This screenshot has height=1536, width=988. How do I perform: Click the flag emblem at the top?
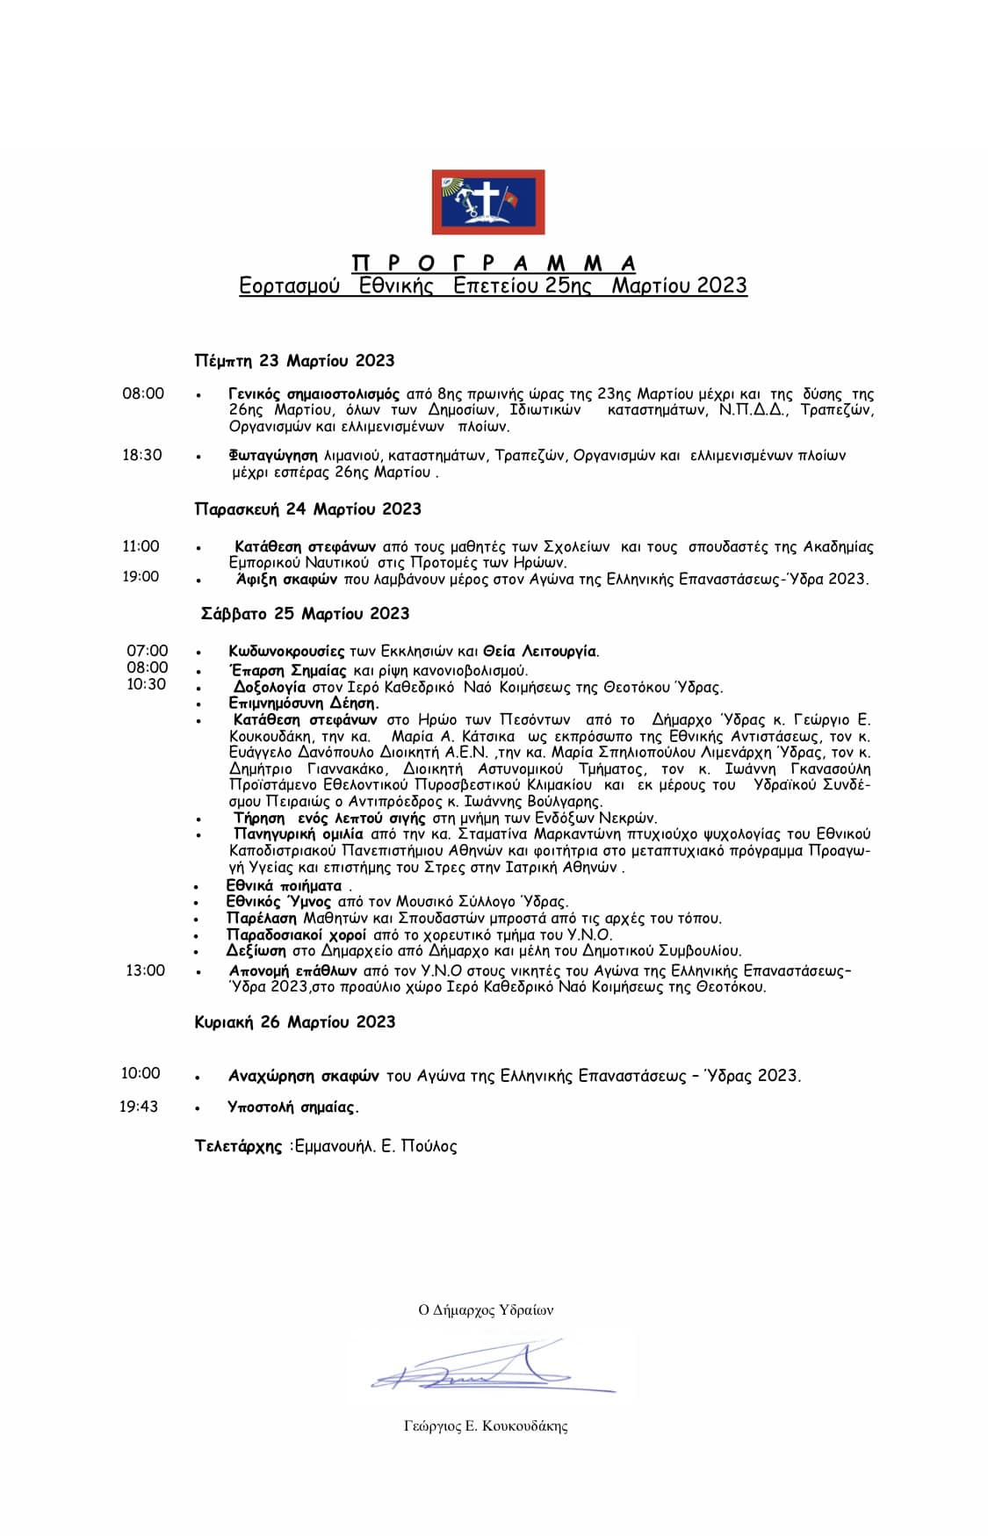point(487,203)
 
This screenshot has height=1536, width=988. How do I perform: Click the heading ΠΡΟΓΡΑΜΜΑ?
point(494,263)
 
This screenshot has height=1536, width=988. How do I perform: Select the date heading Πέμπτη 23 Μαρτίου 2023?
point(294,361)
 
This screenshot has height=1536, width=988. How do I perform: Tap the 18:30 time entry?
point(142,455)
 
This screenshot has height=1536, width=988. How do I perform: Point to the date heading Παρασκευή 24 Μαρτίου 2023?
point(307,509)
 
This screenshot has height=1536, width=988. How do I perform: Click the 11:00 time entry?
point(141,546)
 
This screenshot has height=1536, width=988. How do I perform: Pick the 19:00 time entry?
point(141,576)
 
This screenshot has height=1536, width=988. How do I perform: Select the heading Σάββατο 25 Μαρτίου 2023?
point(305,614)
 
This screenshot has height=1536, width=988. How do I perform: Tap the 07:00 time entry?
point(148,651)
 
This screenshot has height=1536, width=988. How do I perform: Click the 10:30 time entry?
point(147,684)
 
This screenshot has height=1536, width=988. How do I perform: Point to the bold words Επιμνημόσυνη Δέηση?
point(304,703)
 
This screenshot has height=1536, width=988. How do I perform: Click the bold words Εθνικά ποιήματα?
point(284,885)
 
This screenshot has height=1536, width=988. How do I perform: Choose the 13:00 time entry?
point(145,970)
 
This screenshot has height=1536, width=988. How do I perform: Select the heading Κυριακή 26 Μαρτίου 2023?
point(294,1022)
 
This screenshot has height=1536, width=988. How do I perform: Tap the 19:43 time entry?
point(139,1107)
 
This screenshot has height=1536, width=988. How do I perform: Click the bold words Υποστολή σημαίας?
point(293,1107)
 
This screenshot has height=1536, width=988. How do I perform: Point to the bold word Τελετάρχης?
point(238,1146)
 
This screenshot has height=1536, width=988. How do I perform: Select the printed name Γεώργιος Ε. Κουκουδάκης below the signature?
point(486,1426)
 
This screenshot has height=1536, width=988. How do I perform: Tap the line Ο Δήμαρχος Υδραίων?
point(486,1310)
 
